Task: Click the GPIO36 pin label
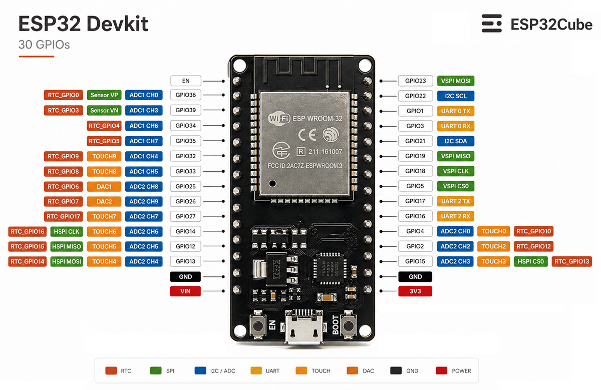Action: pos(185,95)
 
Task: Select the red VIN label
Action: pos(185,291)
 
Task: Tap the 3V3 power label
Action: pos(415,291)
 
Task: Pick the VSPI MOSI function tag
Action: pos(455,81)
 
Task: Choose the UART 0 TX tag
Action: pos(455,111)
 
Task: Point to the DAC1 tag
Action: pos(104,186)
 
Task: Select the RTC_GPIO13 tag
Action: pos(571,261)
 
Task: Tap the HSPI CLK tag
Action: pos(66,231)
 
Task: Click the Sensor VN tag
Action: pos(104,110)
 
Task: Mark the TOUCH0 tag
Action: pos(493,231)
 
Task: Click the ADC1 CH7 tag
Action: pos(144,141)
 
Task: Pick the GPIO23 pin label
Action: pos(415,81)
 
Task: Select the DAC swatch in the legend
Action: pos(352,370)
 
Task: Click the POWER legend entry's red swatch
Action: pos(441,370)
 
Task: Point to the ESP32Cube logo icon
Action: pos(491,24)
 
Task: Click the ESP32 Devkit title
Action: pos(83,24)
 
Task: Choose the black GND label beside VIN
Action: pos(185,276)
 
